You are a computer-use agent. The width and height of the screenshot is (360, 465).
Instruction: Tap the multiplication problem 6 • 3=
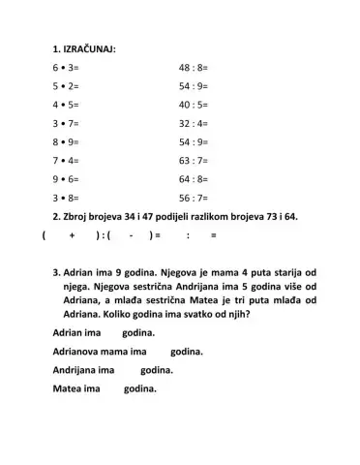pyautogui.click(x=67, y=69)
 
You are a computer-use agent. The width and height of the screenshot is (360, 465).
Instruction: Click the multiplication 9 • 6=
pyautogui.click(x=67, y=179)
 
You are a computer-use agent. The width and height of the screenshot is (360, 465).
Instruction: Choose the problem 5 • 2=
pyautogui.click(x=67, y=87)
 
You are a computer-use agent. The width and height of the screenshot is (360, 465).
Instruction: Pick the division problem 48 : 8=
pyautogui.click(x=195, y=69)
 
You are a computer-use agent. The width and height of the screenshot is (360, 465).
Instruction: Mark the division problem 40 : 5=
pyautogui.click(x=195, y=106)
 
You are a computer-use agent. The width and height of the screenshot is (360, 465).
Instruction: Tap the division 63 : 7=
pyautogui.click(x=195, y=161)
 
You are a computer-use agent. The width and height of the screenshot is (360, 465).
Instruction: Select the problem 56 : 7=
pyautogui.click(x=195, y=198)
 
